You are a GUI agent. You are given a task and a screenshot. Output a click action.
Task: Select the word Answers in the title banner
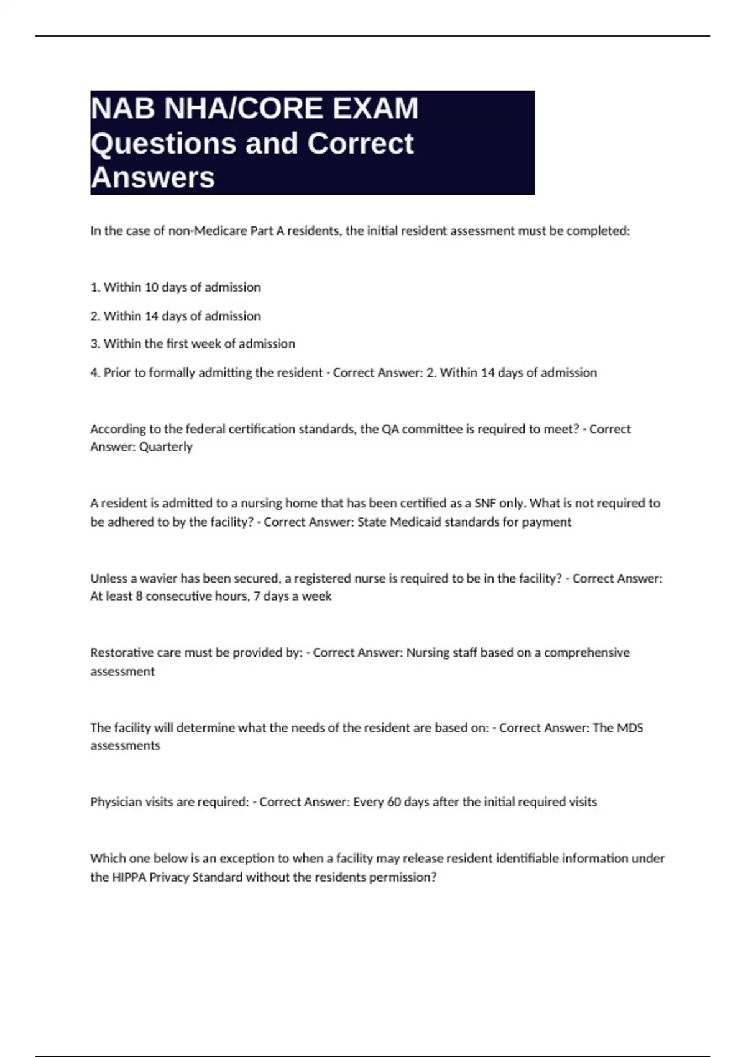click(152, 178)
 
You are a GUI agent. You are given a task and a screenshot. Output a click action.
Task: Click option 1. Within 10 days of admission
click(175, 287)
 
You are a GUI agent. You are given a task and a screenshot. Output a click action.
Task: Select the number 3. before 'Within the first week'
click(95, 344)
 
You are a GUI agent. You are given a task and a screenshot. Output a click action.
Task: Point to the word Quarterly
click(166, 447)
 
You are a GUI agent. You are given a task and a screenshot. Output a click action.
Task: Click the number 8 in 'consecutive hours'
click(139, 596)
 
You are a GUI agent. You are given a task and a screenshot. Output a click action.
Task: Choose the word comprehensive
click(586, 653)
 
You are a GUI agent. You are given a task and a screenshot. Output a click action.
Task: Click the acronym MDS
click(630, 728)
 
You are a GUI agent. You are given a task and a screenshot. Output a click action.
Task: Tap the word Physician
click(116, 802)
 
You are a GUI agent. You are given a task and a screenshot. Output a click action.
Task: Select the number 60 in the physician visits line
click(394, 802)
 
